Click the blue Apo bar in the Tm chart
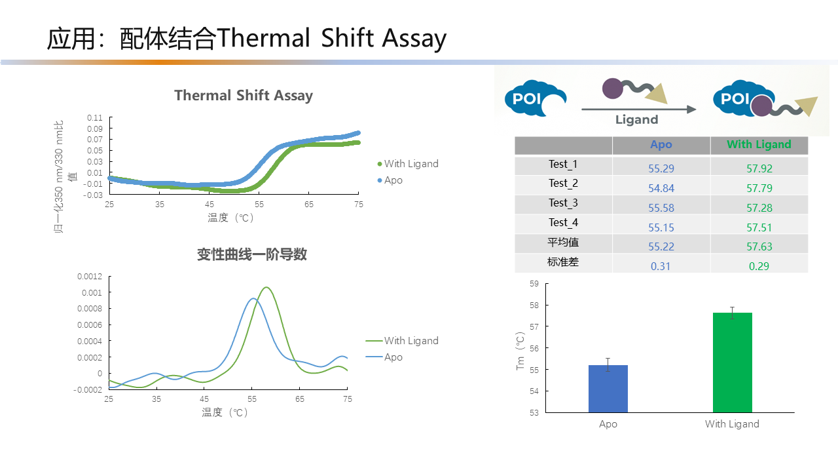(x=608, y=389)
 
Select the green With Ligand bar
(x=732, y=363)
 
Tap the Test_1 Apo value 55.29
(x=661, y=168)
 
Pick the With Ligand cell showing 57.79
(x=759, y=188)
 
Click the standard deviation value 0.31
(x=661, y=266)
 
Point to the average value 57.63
(x=759, y=246)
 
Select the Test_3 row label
(x=563, y=203)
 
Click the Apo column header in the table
(x=661, y=145)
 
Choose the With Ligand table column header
(x=759, y=145)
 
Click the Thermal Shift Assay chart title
(x=244, y=96)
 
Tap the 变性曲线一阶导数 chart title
(x=252, y=254)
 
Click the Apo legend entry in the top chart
(x=390, y=180)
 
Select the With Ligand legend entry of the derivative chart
(x=402, y=340)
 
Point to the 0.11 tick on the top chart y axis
(x=95, y=117)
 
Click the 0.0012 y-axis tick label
(x=90, y=277)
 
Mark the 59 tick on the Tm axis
(x=534, y=284)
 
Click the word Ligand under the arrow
(x=637, y=119)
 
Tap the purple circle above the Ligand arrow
(x=612, y=88)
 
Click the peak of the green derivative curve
(x=266, y=287)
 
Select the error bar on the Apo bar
(x=608, y=365)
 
